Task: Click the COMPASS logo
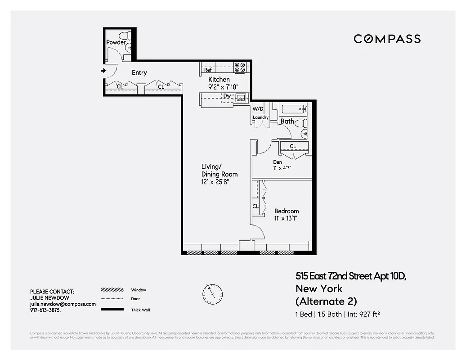click(x=387, y=39)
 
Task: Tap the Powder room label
click(x=116, y=42)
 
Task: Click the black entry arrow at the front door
click(x=103, y=71)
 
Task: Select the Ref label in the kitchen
click(x=208, y=70)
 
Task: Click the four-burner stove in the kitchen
click(x=240, y=67)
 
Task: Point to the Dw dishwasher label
click(x=227, y=96)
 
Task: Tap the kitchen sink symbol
click(x=242, y=97)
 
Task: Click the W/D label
click(x=258, y=109)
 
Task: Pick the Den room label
click(x=278, y=162)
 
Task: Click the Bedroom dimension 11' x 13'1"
click(x=286, y=218)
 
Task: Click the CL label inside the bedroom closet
click(x=255, y=207)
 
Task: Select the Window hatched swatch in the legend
click(x=112, y=290)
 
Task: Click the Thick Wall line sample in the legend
click(x=112, y=310)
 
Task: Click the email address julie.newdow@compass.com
click(x=63, y=304)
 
